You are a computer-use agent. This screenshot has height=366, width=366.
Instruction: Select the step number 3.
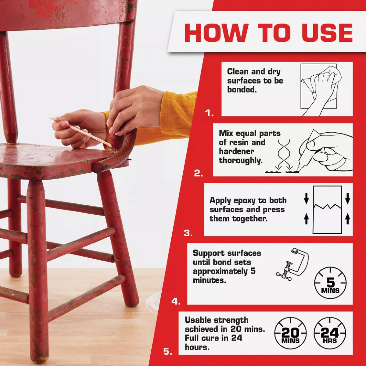(188, 233)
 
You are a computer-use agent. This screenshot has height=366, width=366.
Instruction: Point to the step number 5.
(167, 351)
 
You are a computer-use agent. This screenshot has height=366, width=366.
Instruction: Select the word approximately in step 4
(220, 271)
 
